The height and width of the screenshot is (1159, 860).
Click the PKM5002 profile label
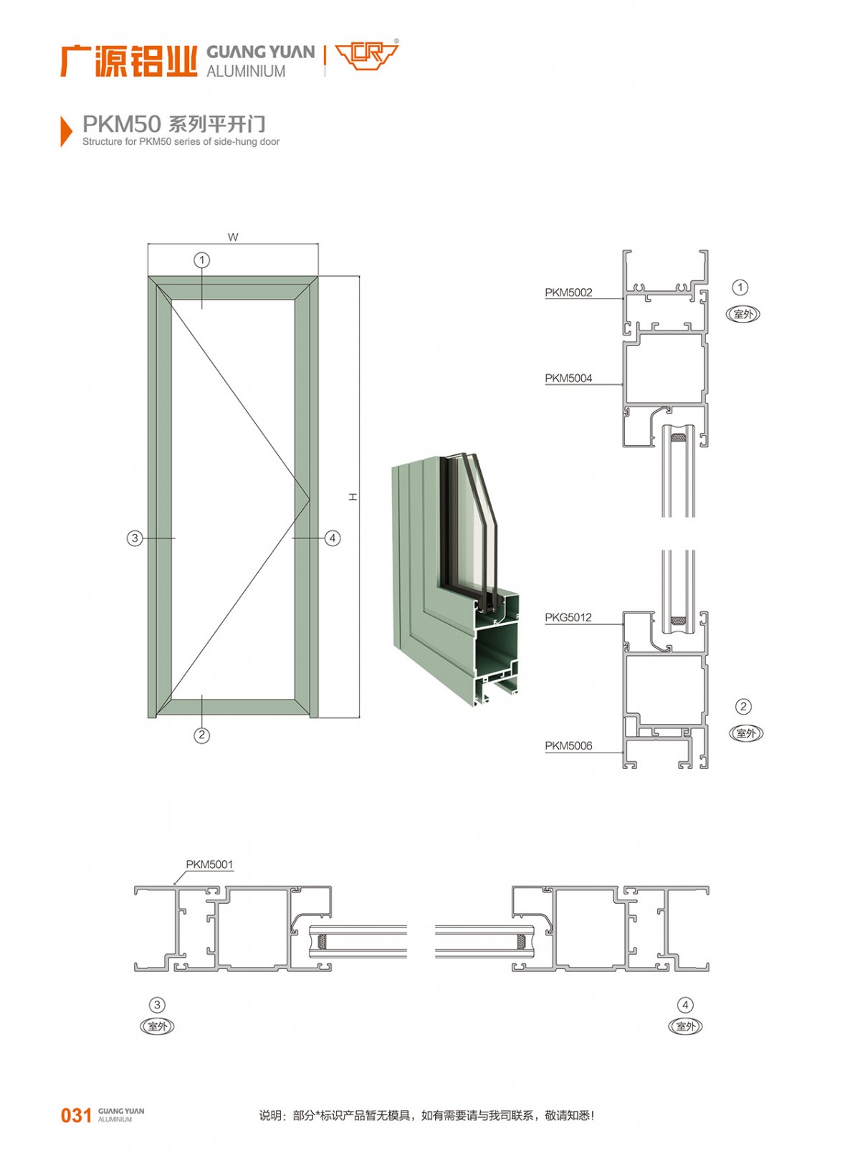pyautogui.click(x=568, y=292)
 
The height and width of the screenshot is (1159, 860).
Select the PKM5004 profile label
pyautogui.click(x=568, y=378)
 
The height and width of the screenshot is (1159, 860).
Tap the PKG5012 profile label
pyautogui.click(x=568, y=618)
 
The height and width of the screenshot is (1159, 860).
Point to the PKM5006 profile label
pyautogui.click(x=568, y=746)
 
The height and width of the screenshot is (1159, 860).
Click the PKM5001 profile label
pyautogui.click(x=209, y=865)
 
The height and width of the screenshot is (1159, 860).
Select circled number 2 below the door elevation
pyautogui.click(x=201, y=735)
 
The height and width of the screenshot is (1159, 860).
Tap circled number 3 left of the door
pyautogui.click(x=135, y=538)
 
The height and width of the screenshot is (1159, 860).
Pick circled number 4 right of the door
pyautogui.click(x=333, y=538)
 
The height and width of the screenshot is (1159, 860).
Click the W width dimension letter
pyautogui.click(x=233, y=237)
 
